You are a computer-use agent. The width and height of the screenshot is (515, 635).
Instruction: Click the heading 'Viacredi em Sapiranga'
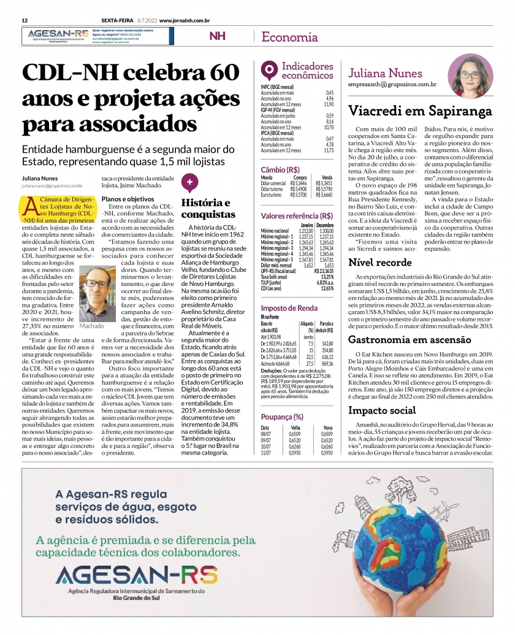click(420, 111)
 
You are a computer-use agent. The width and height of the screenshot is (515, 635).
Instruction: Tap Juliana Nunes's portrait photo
click(470, 75)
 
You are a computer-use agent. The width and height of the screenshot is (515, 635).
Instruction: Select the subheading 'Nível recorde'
click(380, 262)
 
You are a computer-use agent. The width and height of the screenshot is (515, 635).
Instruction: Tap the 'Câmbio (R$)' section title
click(280, 169)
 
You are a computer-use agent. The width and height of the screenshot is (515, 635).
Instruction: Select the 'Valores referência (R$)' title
click(297, 216)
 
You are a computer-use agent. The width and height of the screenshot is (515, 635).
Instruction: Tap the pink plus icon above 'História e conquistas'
click(190, 183)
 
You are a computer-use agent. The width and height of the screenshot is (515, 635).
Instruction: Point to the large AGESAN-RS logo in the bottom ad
click(136, 575)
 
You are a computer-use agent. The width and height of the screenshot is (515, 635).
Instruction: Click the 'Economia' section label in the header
click(289, 37)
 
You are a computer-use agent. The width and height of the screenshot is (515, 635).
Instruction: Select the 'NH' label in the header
click(217, 36)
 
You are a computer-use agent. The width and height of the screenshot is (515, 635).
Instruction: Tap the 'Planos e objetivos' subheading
click(128, 199)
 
